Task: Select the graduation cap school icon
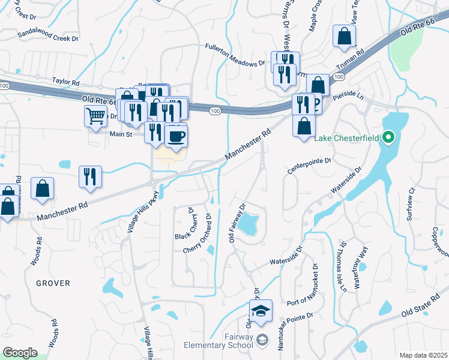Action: pyautogui.click(x=261, y=311)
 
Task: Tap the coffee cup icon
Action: pyautogui.click(x=176, y=136)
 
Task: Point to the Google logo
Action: pyautogui.click(x=20, y=353)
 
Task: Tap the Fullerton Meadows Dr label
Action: pyautogui.click(x=235, y=54)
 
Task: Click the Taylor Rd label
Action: pyautogui.click(x=65, y=81)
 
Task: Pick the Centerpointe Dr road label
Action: pyautogui.click(x=309, y=166)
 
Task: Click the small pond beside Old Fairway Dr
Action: pyautogui.click(x=247, y=224)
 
